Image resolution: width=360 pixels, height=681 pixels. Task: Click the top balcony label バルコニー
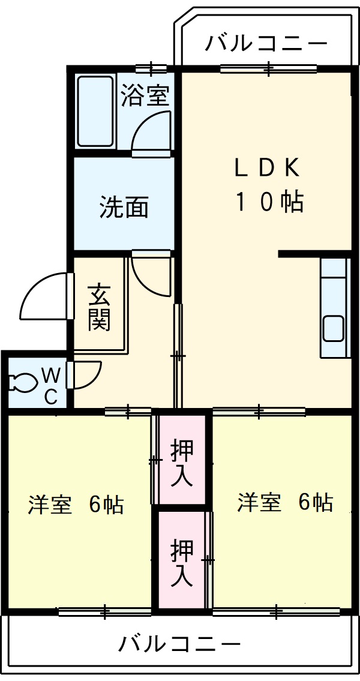pos(266,44)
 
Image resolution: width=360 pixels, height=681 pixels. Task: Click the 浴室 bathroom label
pos(145,95)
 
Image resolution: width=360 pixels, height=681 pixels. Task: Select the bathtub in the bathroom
pos(95,111)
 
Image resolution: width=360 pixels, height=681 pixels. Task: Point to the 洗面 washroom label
pos(124,207)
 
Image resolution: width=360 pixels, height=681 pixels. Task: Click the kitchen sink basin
pos(334,329)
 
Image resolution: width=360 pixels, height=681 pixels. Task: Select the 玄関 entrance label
pos(100,308)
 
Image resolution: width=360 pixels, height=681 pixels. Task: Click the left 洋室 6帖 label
pos(76,504)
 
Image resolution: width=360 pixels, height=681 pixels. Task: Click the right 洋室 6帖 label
pos(285,502)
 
